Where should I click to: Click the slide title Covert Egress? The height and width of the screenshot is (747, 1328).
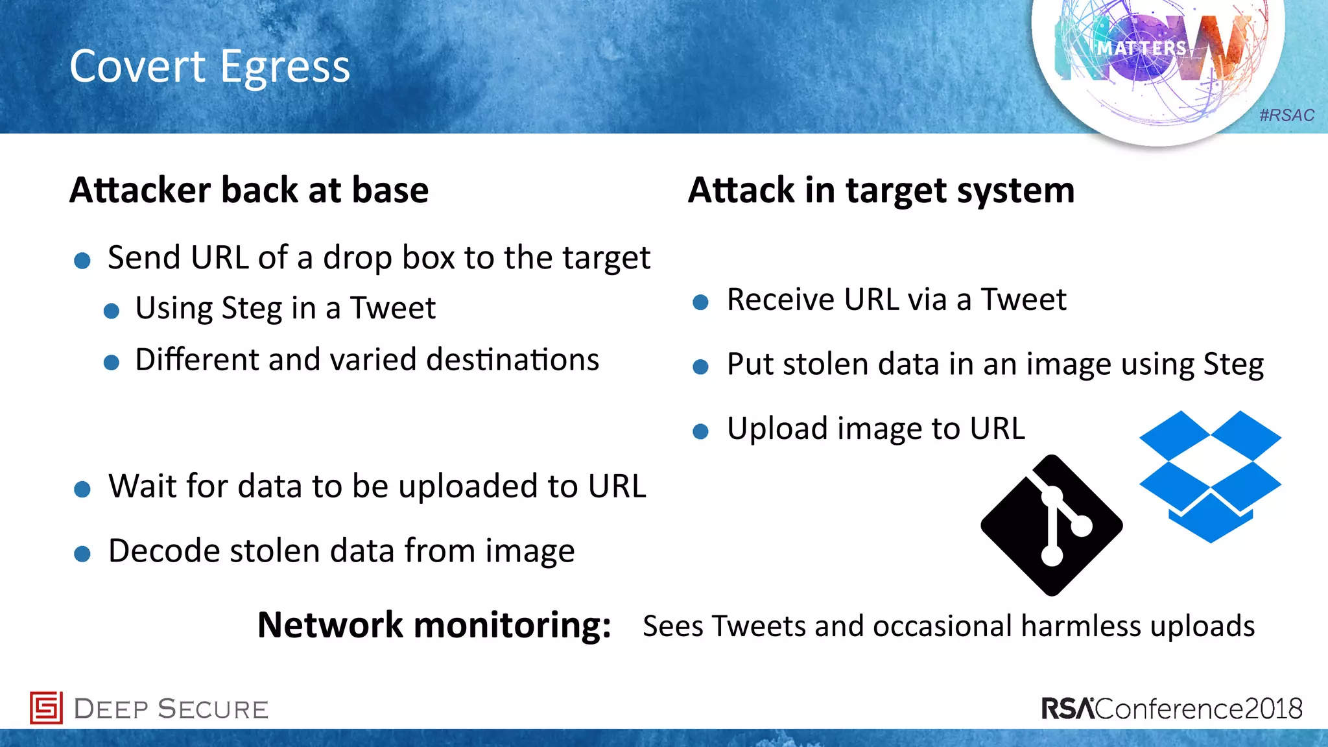[x=209, y=67]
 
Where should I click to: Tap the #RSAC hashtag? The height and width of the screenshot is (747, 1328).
[x=1286, y=115]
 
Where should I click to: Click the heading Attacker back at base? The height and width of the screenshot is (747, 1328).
[x=249, y=190]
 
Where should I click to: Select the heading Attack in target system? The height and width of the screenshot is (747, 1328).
[x=881, y=190]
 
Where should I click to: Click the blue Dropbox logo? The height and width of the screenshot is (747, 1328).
[x=1210, y=477]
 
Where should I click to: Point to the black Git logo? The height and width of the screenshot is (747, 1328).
[x=1052, y=525]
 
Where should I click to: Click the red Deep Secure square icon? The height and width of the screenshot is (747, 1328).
[x=46, y=707]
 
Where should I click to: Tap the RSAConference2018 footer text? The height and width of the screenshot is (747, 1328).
[x=1172, y=708]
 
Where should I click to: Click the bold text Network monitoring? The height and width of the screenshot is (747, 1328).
[x=434, y=625]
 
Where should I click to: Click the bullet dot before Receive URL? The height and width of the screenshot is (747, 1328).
[x=700, y=302]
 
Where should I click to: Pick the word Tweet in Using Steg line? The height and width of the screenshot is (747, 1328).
[x=393, y=308]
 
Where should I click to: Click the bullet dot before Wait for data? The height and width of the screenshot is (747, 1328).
[x=82, y=489]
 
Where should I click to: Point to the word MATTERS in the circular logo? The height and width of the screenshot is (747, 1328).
[x=1142, y=49]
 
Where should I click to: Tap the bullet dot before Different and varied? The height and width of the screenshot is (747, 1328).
[x=112, y=362]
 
